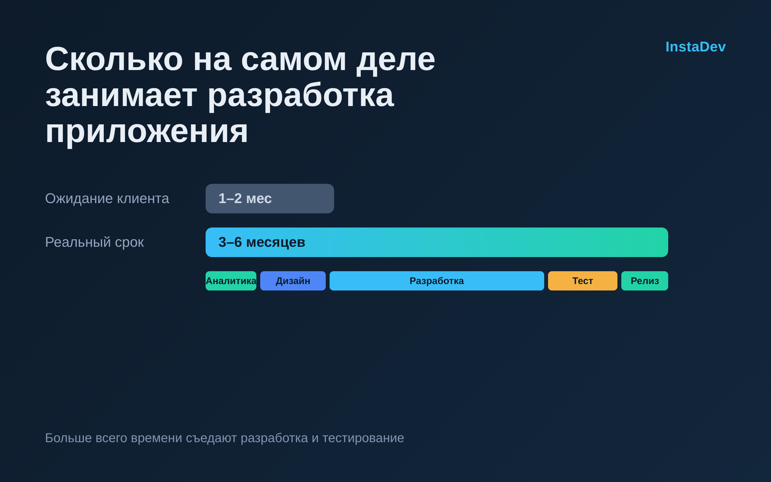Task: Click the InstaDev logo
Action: coord(696,47)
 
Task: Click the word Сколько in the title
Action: coord(114,59)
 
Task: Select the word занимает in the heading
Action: coord(121,96)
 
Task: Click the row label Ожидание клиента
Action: coord(107,199)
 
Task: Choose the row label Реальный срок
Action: coord(94,242)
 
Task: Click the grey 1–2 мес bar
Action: coord(270,199)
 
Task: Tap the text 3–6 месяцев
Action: coord(262,242)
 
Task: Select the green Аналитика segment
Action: coord(231,281)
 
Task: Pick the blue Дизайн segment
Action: coord(293,281)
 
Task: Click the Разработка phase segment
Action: coord(437,281)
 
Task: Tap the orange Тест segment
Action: coord(583,281)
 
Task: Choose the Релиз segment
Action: coord(645,281)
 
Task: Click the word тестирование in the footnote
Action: coord(363,438)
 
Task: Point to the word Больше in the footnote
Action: coord(68,438)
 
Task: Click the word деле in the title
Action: coord(396,60)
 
